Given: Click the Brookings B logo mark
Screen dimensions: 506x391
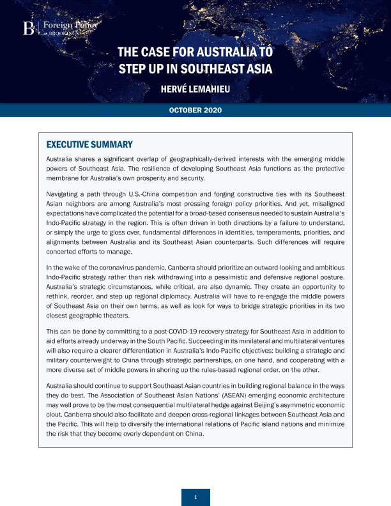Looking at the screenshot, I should (28, 27).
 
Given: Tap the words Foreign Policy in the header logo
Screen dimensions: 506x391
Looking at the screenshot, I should (63, 25).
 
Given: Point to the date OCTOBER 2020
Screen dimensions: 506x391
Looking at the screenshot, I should (195, 111).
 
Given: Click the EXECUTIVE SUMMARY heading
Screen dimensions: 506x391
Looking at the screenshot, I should (89, 144).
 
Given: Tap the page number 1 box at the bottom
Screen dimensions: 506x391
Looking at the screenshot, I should (195, 497).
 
